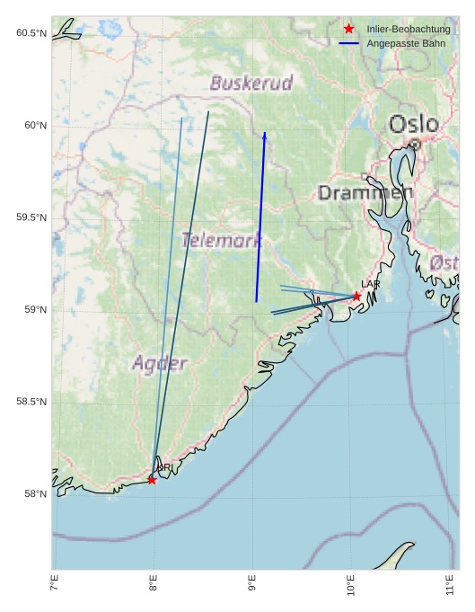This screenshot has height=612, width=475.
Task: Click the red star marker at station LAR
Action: (x=356, y=296)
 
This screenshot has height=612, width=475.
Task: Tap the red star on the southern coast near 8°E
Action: (x=152, y=480)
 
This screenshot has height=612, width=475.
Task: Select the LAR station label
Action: (x=371, y=284)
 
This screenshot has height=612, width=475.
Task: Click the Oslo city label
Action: (x=413, y=124)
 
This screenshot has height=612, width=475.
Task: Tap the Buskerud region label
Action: (x=251, y=84)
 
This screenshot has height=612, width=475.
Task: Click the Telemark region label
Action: (x=222, y=240)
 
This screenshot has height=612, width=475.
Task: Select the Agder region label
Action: (x=160, y=363)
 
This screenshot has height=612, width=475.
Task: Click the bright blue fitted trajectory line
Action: (x=260, y=216)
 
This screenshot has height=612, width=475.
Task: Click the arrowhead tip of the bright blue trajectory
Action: (x=265, y=133)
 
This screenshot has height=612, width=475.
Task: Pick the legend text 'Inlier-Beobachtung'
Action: (x=408, y=30)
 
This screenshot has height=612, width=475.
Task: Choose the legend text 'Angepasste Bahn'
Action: (x=406, y=43)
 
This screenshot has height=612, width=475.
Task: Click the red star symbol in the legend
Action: (x=349, y=30)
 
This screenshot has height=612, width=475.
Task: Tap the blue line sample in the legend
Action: (x=349, y=43)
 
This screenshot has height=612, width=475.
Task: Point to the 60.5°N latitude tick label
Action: (x=31, y=33)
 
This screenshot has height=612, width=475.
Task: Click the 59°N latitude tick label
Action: (x=34, y=310)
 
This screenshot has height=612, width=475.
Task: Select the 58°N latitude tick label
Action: (x=34, y=494)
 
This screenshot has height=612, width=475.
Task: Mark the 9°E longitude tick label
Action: (x=252, y=589)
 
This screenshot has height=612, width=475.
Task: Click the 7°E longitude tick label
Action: (x=54, y=589)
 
